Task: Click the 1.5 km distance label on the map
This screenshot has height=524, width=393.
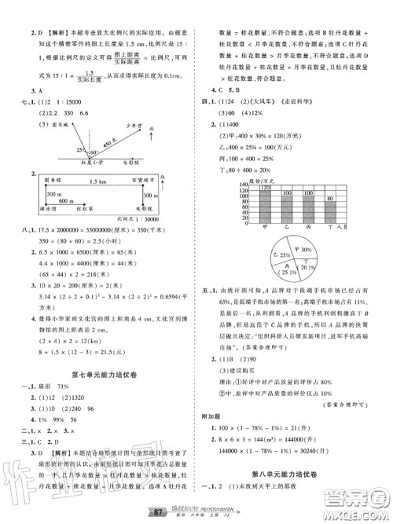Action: click(x=97, y=181)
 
